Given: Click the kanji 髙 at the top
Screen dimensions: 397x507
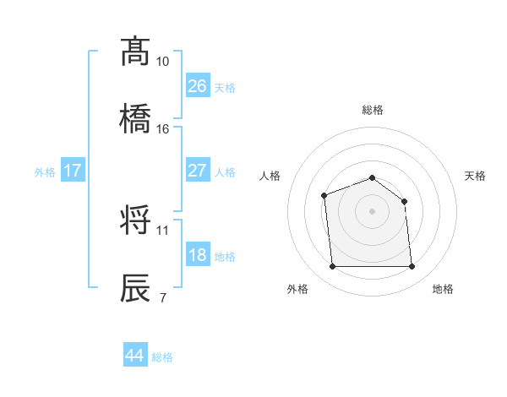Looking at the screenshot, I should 135,52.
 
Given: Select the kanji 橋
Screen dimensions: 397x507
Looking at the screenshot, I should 135,118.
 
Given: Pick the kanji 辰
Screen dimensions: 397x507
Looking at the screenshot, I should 135,286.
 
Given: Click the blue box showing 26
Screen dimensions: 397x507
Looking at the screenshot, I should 198,86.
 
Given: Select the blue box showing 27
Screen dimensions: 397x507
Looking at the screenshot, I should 198,171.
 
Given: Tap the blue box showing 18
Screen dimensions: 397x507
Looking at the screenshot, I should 198,255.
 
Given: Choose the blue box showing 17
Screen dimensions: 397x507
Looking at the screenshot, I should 73,171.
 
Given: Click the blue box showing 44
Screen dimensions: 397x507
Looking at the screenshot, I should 135,356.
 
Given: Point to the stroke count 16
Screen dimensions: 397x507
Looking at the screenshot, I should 163,129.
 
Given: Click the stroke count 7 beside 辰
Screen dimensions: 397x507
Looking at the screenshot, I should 162,296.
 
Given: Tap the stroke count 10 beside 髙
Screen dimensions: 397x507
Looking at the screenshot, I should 163,63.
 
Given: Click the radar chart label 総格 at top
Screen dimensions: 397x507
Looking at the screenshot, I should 373,110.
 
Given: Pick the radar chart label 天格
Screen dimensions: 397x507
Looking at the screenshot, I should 476,176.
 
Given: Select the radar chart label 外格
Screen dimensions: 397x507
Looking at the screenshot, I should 297,289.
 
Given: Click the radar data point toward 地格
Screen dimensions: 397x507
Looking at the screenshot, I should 412,267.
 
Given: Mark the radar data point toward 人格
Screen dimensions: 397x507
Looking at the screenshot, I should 324,196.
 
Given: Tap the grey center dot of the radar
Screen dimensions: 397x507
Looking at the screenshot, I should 372,211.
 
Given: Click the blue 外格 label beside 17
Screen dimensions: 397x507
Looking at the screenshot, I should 45,171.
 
